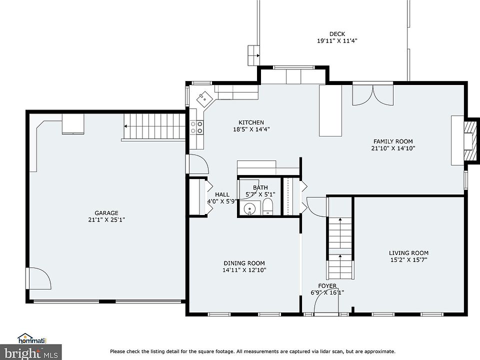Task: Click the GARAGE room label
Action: pyautogui.click(x=106, y=213)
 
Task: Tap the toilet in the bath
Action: pyautogui.click(x=267, y=207)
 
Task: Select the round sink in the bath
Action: pyautogui.click(x=250, y=209)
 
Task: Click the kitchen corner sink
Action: pyautogui.click(x=204, y=98)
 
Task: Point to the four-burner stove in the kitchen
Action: pyautogui.click(x=196, y=127)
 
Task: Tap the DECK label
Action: pyautogui.click(x=337, y=34)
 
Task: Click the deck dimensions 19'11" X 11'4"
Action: pyautogui.click(x=337, y=40)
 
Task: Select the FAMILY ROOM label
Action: pyautogui.click(x=393, y=141)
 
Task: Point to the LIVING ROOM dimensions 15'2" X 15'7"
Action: pyautogui.click(x=408, y=260)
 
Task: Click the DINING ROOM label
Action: pyautogui.click(x=244, y=263)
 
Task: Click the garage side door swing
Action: pyautogui.click(x=39, y=278)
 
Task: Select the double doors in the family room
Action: pyautogui.click(x=373, y=95)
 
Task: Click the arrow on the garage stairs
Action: pyautogui.click(x=130, y=126)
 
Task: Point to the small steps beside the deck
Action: pyautogui.click(x=253, y=55)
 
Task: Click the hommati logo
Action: pyautogui.click(x=32, y=338)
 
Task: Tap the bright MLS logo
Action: pyautogui.click(x=31, y=352)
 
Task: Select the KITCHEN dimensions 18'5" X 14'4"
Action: pyautogui.click(x=251, y=129)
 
